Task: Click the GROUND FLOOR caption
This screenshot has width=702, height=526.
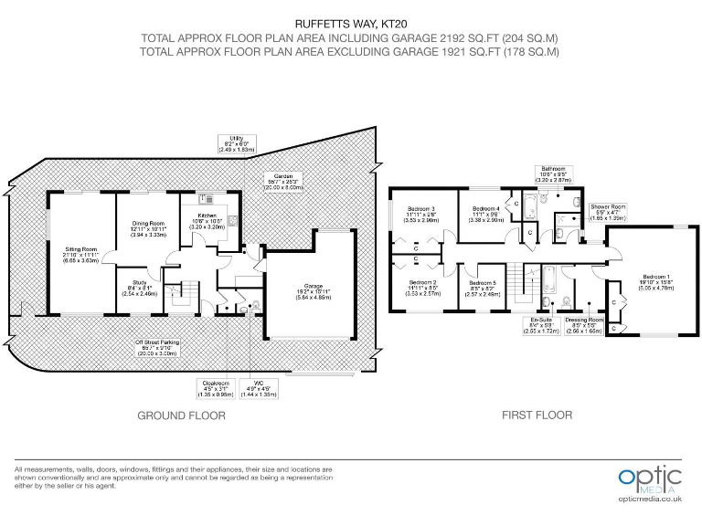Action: [181, 415]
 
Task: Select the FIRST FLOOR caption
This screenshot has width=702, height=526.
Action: [537, 415]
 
